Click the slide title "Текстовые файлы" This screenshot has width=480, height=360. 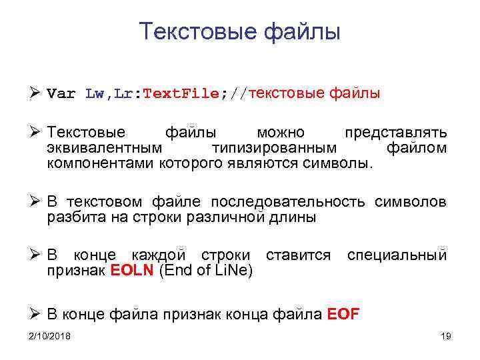tap(240, 31)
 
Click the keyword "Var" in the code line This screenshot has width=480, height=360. tap(61, 94)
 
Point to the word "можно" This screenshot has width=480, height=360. tap(281, 132)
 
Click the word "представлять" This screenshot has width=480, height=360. tap(395, 132)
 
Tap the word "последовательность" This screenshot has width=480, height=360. tap(288, 202)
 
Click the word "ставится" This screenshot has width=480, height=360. tap(298, 255)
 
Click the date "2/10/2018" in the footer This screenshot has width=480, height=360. tap(50, 336)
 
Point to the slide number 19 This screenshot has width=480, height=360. tap(446, 336)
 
